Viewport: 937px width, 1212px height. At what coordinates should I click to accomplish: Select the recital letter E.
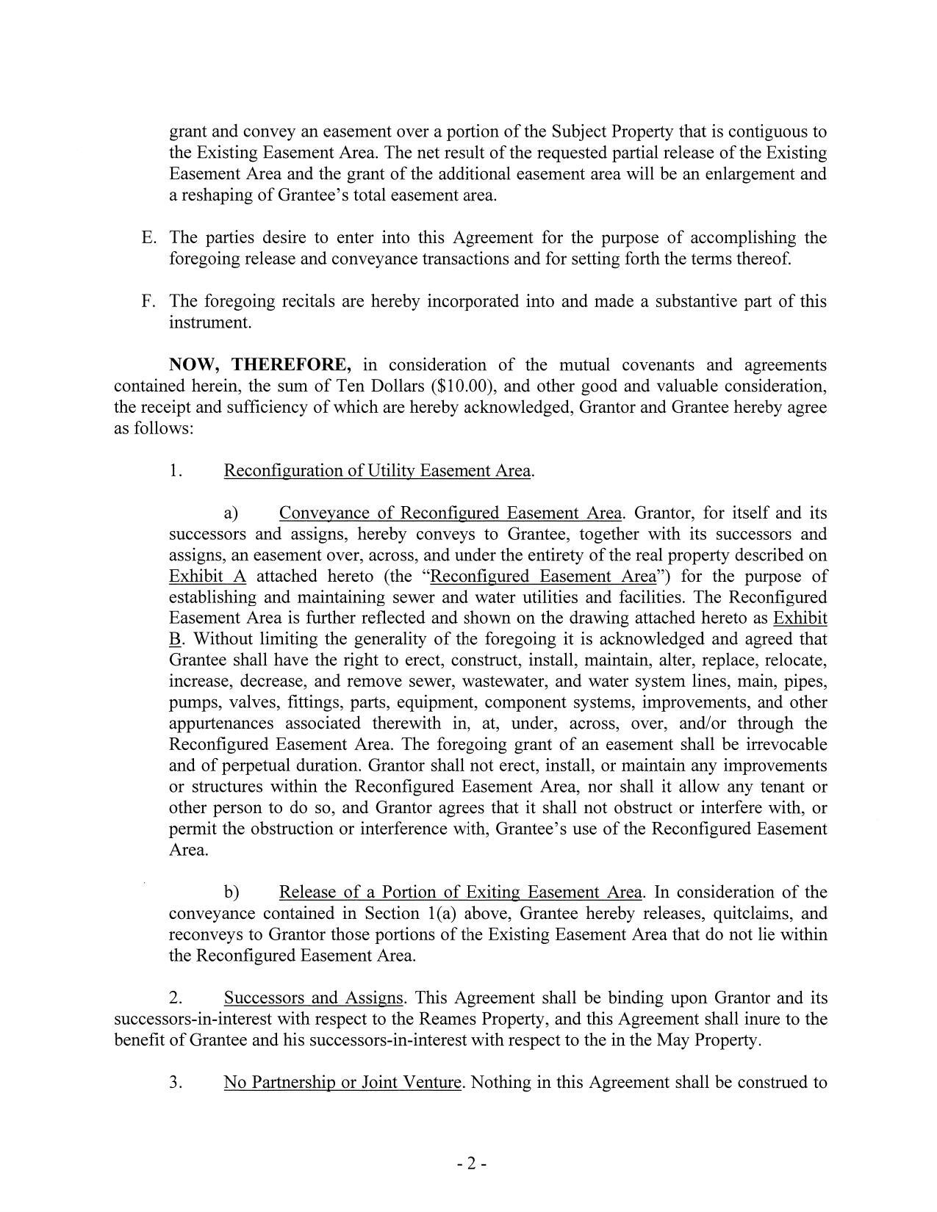coord(148,238)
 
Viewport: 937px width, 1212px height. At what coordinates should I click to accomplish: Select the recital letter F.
coord(148,301)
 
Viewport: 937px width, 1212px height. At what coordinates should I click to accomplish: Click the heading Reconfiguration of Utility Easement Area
coord(378,471)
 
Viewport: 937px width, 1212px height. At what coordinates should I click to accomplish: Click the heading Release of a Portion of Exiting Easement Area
coord(461,892)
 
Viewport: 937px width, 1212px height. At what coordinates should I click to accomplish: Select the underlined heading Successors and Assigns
coord(314,998)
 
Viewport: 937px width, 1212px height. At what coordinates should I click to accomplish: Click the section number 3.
coord(176,1083)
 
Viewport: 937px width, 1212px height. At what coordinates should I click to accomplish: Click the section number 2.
coord(176,998)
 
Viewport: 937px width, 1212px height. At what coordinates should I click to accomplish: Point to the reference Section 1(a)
coord(412,914)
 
